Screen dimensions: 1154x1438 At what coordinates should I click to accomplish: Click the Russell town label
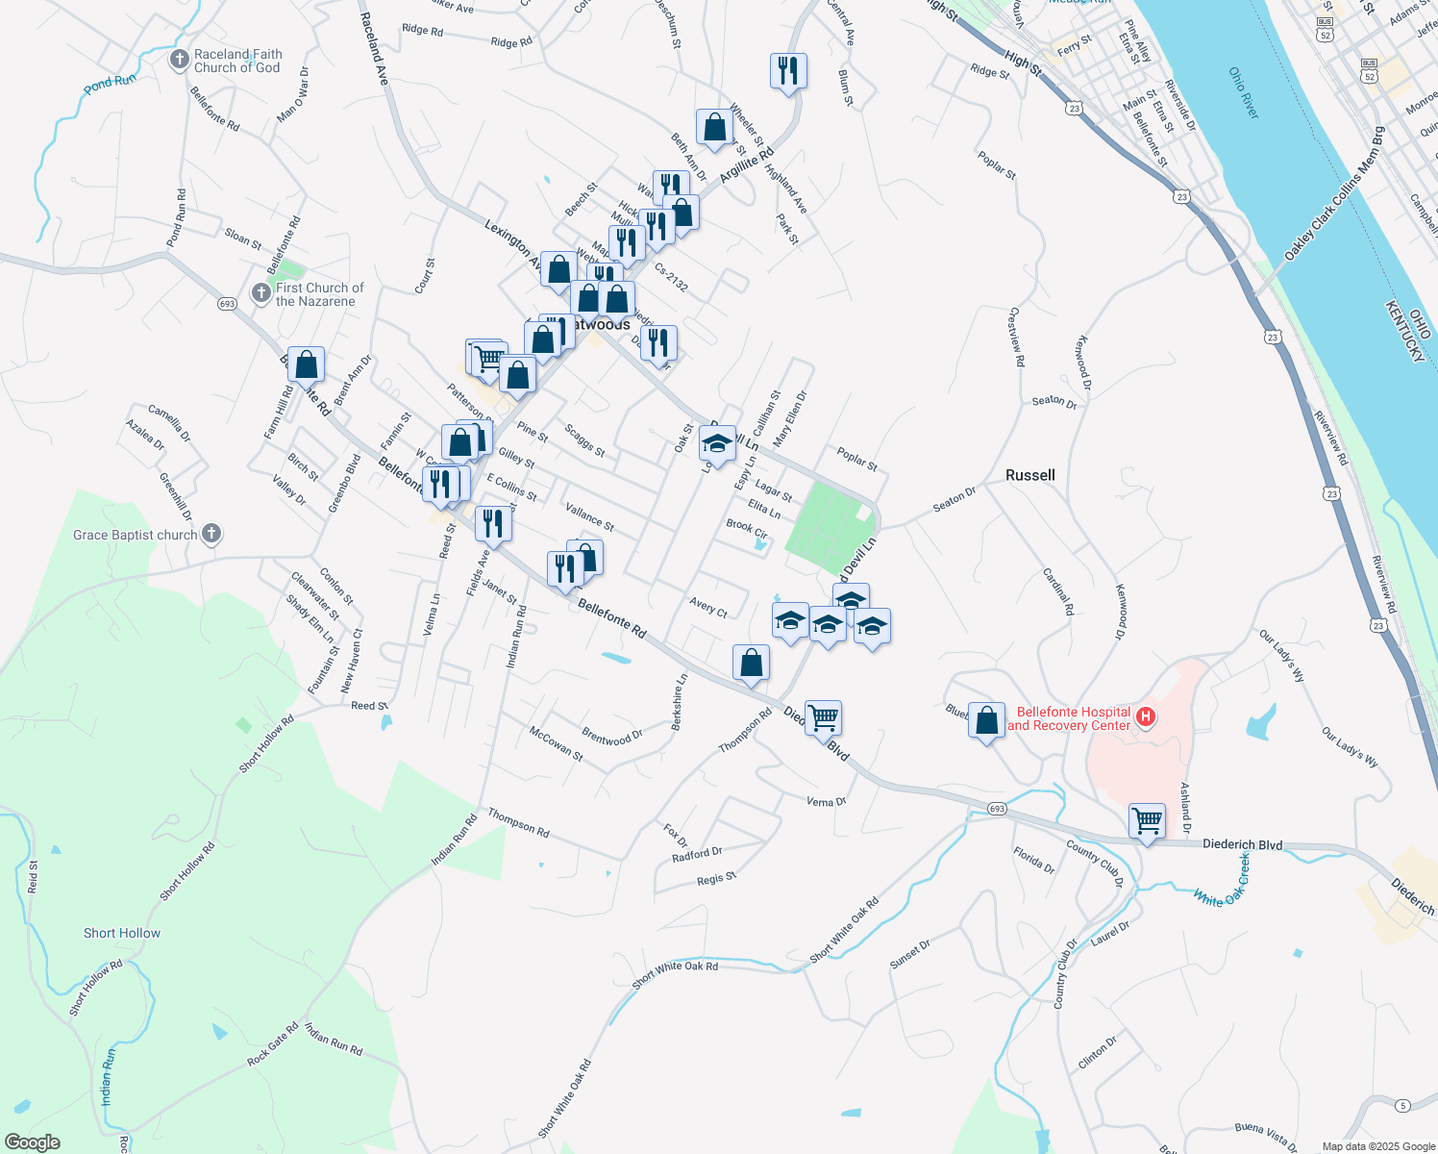coord(1029,475)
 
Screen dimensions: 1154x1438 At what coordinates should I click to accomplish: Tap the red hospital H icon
coord(1145,716)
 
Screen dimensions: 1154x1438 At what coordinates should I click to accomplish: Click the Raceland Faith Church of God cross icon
coord(179,61)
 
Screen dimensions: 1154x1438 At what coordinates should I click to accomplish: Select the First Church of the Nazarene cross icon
coord(260,293)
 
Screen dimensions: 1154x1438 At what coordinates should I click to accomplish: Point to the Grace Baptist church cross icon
coord(212,534)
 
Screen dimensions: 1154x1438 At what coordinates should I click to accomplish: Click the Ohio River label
coord(1243,92)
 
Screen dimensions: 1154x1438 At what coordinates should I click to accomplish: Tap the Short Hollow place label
coord(122,933)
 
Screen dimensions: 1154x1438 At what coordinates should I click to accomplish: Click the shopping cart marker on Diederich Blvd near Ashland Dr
coord(1147,822)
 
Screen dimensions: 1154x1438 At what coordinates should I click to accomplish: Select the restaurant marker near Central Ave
coord(788,69)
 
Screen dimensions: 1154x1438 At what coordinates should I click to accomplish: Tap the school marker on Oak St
coord(717,443)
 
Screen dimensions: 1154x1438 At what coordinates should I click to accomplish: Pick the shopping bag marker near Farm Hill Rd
coord(306,364)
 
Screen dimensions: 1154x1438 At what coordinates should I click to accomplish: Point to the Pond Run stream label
coord(110,83)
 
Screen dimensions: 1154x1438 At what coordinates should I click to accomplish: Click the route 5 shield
coord(1403,1105)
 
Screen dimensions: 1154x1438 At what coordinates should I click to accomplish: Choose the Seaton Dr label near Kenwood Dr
coord(1054,401)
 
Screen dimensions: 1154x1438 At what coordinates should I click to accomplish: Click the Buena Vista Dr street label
coord(1265,1136)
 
